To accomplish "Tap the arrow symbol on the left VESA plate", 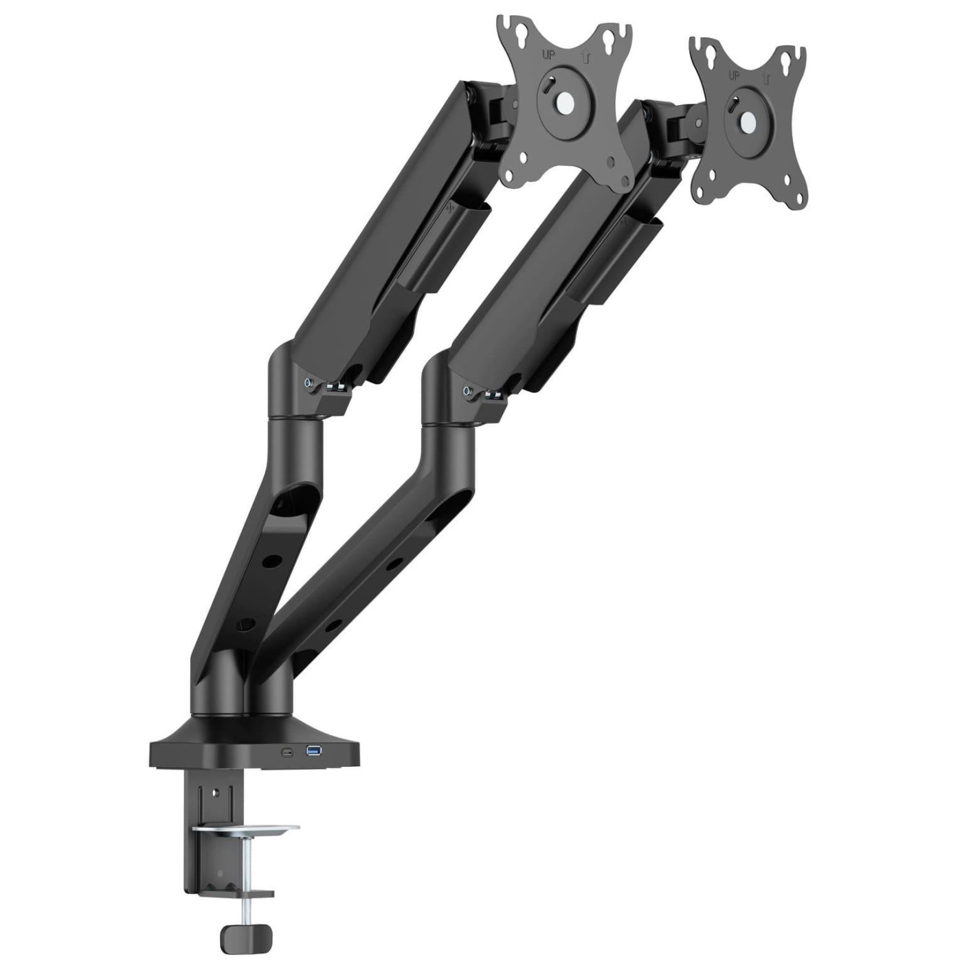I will pyautogui.click(x=586, y=58).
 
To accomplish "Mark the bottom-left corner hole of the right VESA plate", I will pyautogui.click(x=702, y=183).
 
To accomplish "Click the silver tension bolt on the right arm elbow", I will pyautogui.click(x=467, y=391).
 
